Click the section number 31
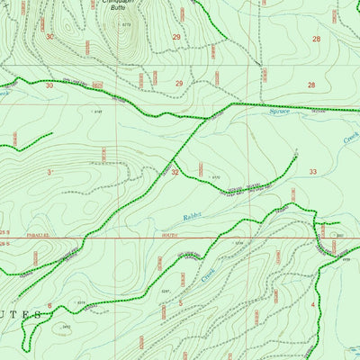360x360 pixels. pos(50,171)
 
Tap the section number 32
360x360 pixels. pos(175,171)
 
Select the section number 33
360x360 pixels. pos(312,171)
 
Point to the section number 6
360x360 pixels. pos(49,306)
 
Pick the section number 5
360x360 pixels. pos(181,304)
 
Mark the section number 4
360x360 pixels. pos(312,305)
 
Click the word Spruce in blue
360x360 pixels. pos(282,114)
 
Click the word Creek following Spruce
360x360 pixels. pos(350,139)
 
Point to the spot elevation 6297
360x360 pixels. pos(165,292)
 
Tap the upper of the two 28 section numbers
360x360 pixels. pos(316,39)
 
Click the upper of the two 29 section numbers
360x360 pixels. pos(176,37)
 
